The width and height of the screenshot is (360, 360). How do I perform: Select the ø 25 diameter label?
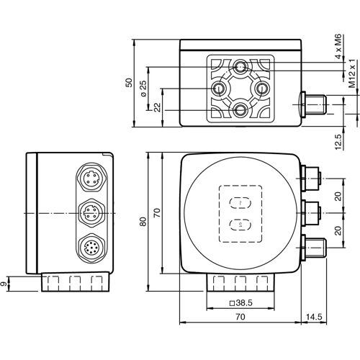[x=143, y=89]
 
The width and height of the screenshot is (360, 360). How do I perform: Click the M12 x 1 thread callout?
[x=352, y=75]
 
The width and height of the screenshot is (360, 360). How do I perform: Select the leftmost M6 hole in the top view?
[x=220, y=89]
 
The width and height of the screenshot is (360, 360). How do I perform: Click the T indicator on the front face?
[x=239, y=203]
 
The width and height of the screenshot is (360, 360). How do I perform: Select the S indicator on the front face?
[x=239, y=225]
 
